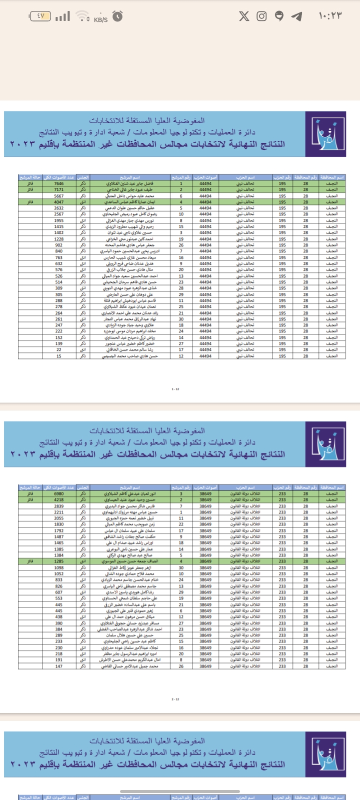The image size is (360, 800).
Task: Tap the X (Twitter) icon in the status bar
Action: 244,16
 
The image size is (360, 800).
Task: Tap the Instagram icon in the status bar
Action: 261,16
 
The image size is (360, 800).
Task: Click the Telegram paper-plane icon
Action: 296,16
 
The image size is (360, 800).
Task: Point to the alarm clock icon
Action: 117,16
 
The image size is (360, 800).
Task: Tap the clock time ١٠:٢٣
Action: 330,16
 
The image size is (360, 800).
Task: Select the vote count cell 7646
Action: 59,183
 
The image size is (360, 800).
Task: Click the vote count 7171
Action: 59,189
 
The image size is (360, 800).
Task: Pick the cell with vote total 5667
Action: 59,196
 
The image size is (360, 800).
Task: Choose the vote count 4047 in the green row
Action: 59,202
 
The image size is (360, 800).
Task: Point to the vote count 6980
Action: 59,493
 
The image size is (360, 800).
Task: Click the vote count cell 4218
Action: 59,499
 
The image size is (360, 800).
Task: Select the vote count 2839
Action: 59,506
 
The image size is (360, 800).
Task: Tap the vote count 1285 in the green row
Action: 59,561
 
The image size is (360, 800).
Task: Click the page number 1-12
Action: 175,389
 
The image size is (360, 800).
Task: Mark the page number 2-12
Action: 175,699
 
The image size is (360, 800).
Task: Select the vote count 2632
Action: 59,208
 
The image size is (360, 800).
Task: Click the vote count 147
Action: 59,666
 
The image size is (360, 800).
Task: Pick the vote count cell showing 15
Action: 59,356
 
